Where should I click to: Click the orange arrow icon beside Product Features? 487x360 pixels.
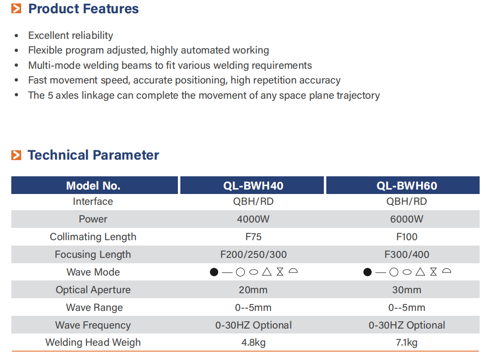tap(16, 9)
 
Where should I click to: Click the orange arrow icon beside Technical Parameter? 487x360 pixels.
tap(16, 155)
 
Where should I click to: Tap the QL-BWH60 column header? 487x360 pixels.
tap(406, 186)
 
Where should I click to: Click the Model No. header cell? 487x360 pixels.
tap(93, 186)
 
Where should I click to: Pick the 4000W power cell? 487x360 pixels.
tap(253, 219)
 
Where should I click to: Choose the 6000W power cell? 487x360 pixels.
tap(406, 219)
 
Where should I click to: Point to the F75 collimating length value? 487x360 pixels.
tap(253, 237)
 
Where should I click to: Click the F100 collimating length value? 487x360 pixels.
tap(406, 237)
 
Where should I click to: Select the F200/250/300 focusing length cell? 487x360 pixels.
tap(253, 254)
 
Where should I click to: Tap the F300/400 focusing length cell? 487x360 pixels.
tap(406, 254)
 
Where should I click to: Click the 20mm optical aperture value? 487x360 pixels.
tap(253, 290)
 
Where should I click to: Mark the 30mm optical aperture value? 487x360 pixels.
tap(406, 290)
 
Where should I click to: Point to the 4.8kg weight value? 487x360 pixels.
tap(253, 342)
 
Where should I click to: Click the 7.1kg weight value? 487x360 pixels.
tap(406, 342)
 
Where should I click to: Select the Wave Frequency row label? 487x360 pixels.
tap(93, 325)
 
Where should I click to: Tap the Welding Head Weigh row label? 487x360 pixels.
tap(93, 342)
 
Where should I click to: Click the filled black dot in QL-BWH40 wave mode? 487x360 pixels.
tap(214, 272)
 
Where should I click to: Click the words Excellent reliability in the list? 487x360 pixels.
tap(70, 35)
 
